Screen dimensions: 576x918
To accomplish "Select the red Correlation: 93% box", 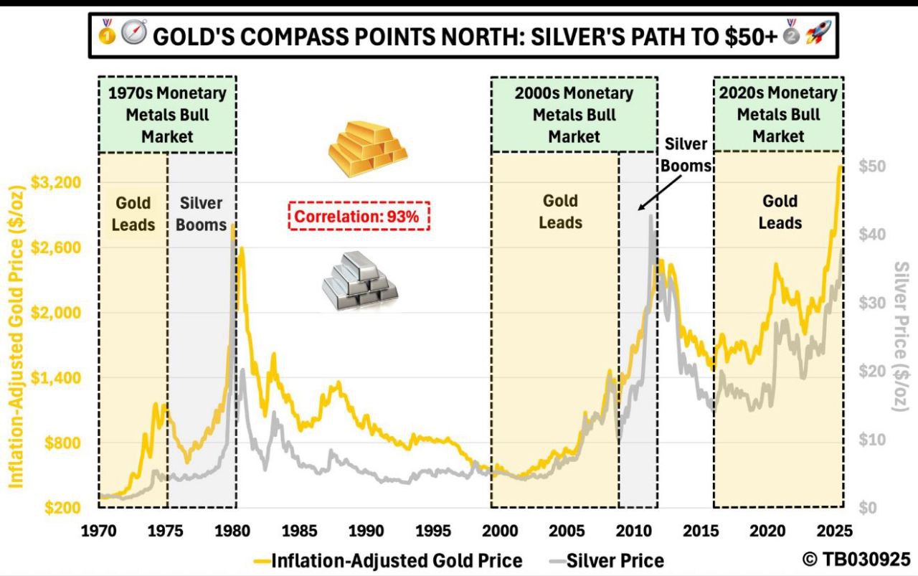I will point(359,216).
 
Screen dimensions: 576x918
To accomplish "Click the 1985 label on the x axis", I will point(299,531).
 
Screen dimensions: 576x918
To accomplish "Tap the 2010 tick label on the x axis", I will point(633,531).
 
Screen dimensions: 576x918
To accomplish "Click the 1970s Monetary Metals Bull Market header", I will point(167,114).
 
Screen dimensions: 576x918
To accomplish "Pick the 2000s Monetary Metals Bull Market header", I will point(574,114).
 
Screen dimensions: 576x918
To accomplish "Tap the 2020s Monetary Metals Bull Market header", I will point(778,114).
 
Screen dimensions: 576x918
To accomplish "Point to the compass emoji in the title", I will point(134,34).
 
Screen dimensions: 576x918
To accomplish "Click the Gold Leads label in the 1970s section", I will point(133,214).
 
